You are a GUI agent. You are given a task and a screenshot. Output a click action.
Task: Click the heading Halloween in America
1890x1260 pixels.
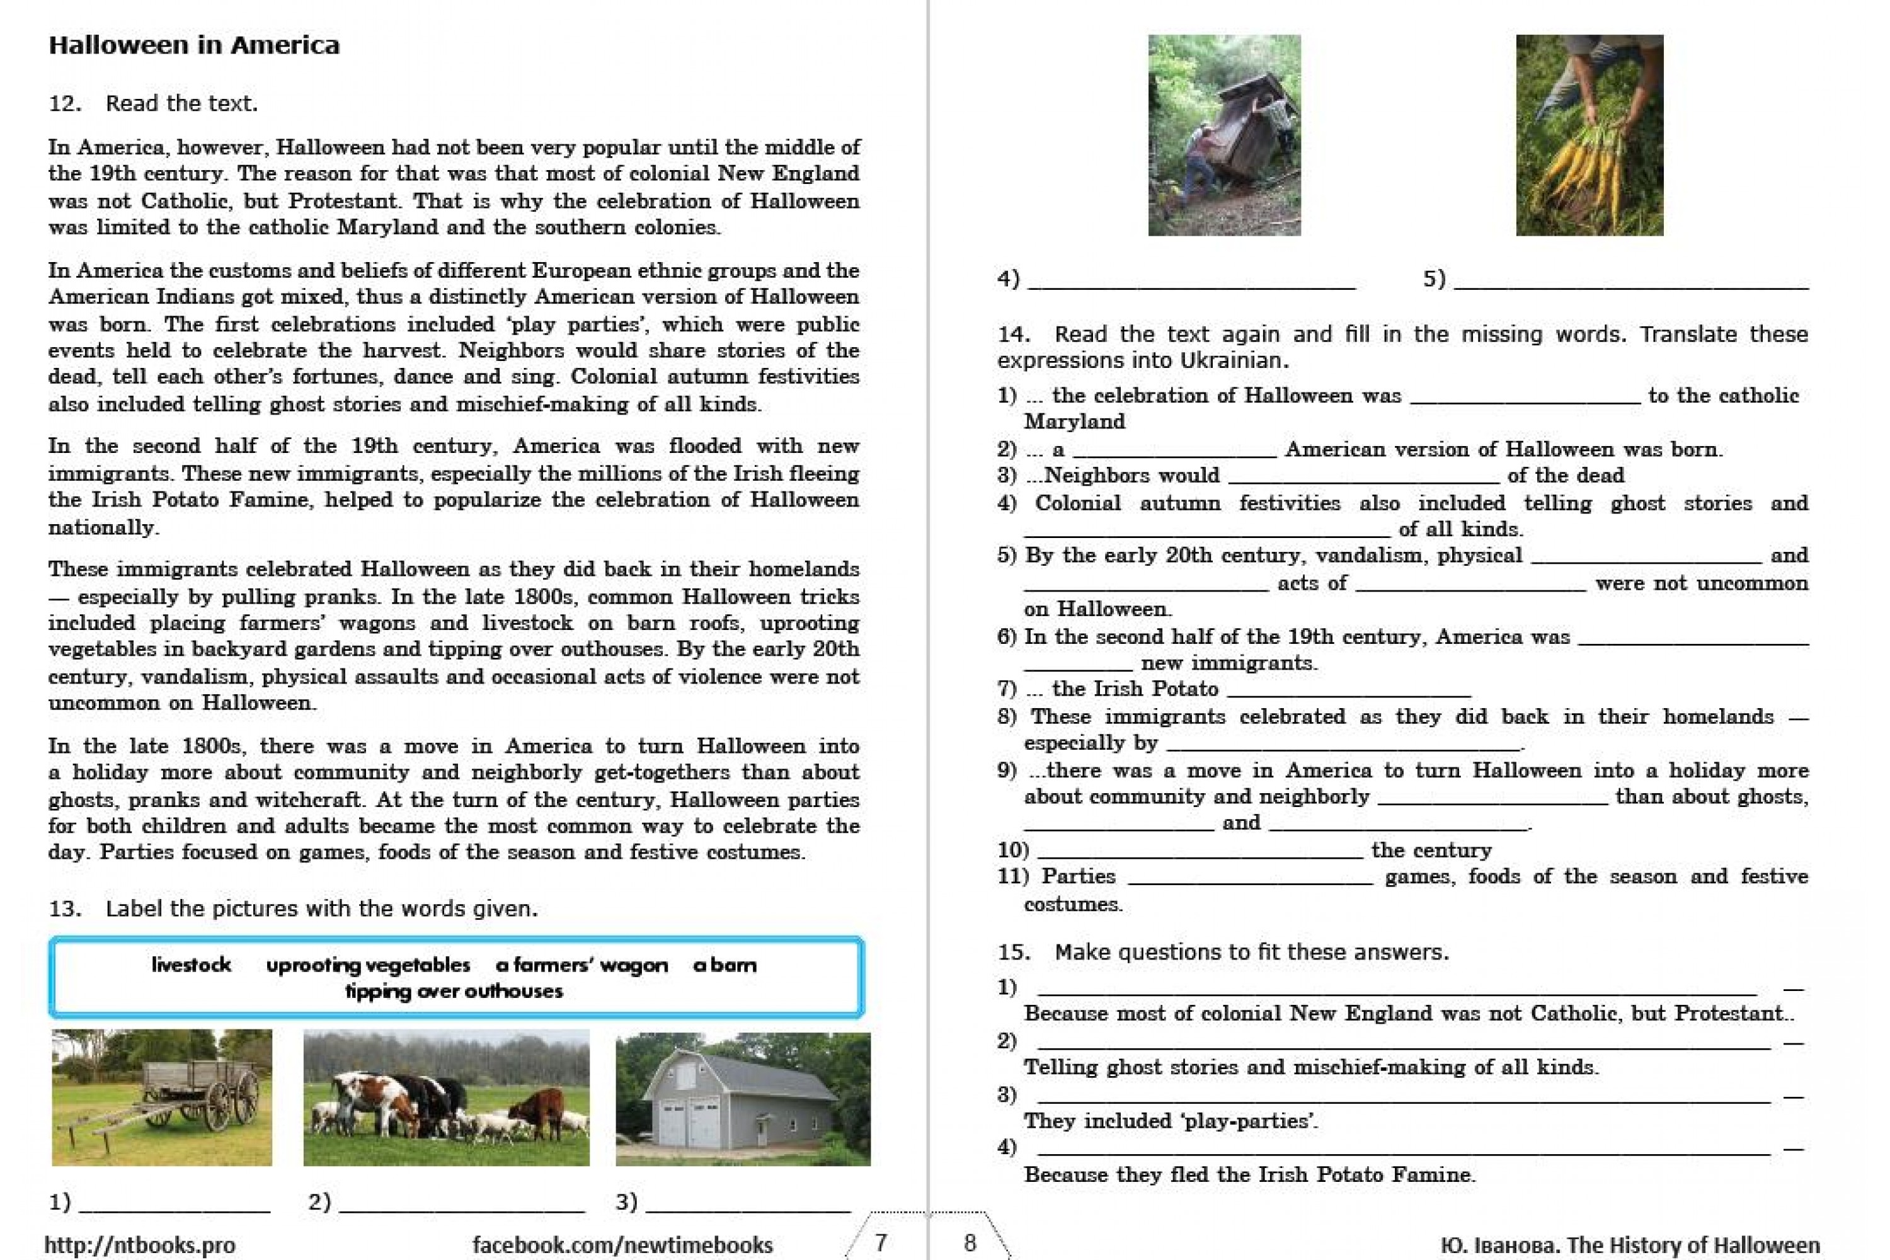(x=193, y=45)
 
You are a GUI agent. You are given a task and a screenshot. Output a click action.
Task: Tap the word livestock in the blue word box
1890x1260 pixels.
(x=192, y=965)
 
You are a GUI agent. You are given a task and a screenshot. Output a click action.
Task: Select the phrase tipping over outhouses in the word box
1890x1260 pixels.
(x=454, y=991)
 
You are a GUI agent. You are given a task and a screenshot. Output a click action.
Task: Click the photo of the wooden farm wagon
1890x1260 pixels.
(x=161, y=1097)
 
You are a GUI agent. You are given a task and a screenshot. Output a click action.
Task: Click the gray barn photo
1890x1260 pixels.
(x=743, y=1099)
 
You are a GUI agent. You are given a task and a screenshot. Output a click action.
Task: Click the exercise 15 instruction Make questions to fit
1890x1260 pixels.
(x=1251, y=952)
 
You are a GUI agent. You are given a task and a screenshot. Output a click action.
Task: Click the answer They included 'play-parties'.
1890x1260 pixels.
(x=1171, y=1121)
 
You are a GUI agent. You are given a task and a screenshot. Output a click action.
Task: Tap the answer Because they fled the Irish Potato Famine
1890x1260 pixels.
(x=1249, y=1175)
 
